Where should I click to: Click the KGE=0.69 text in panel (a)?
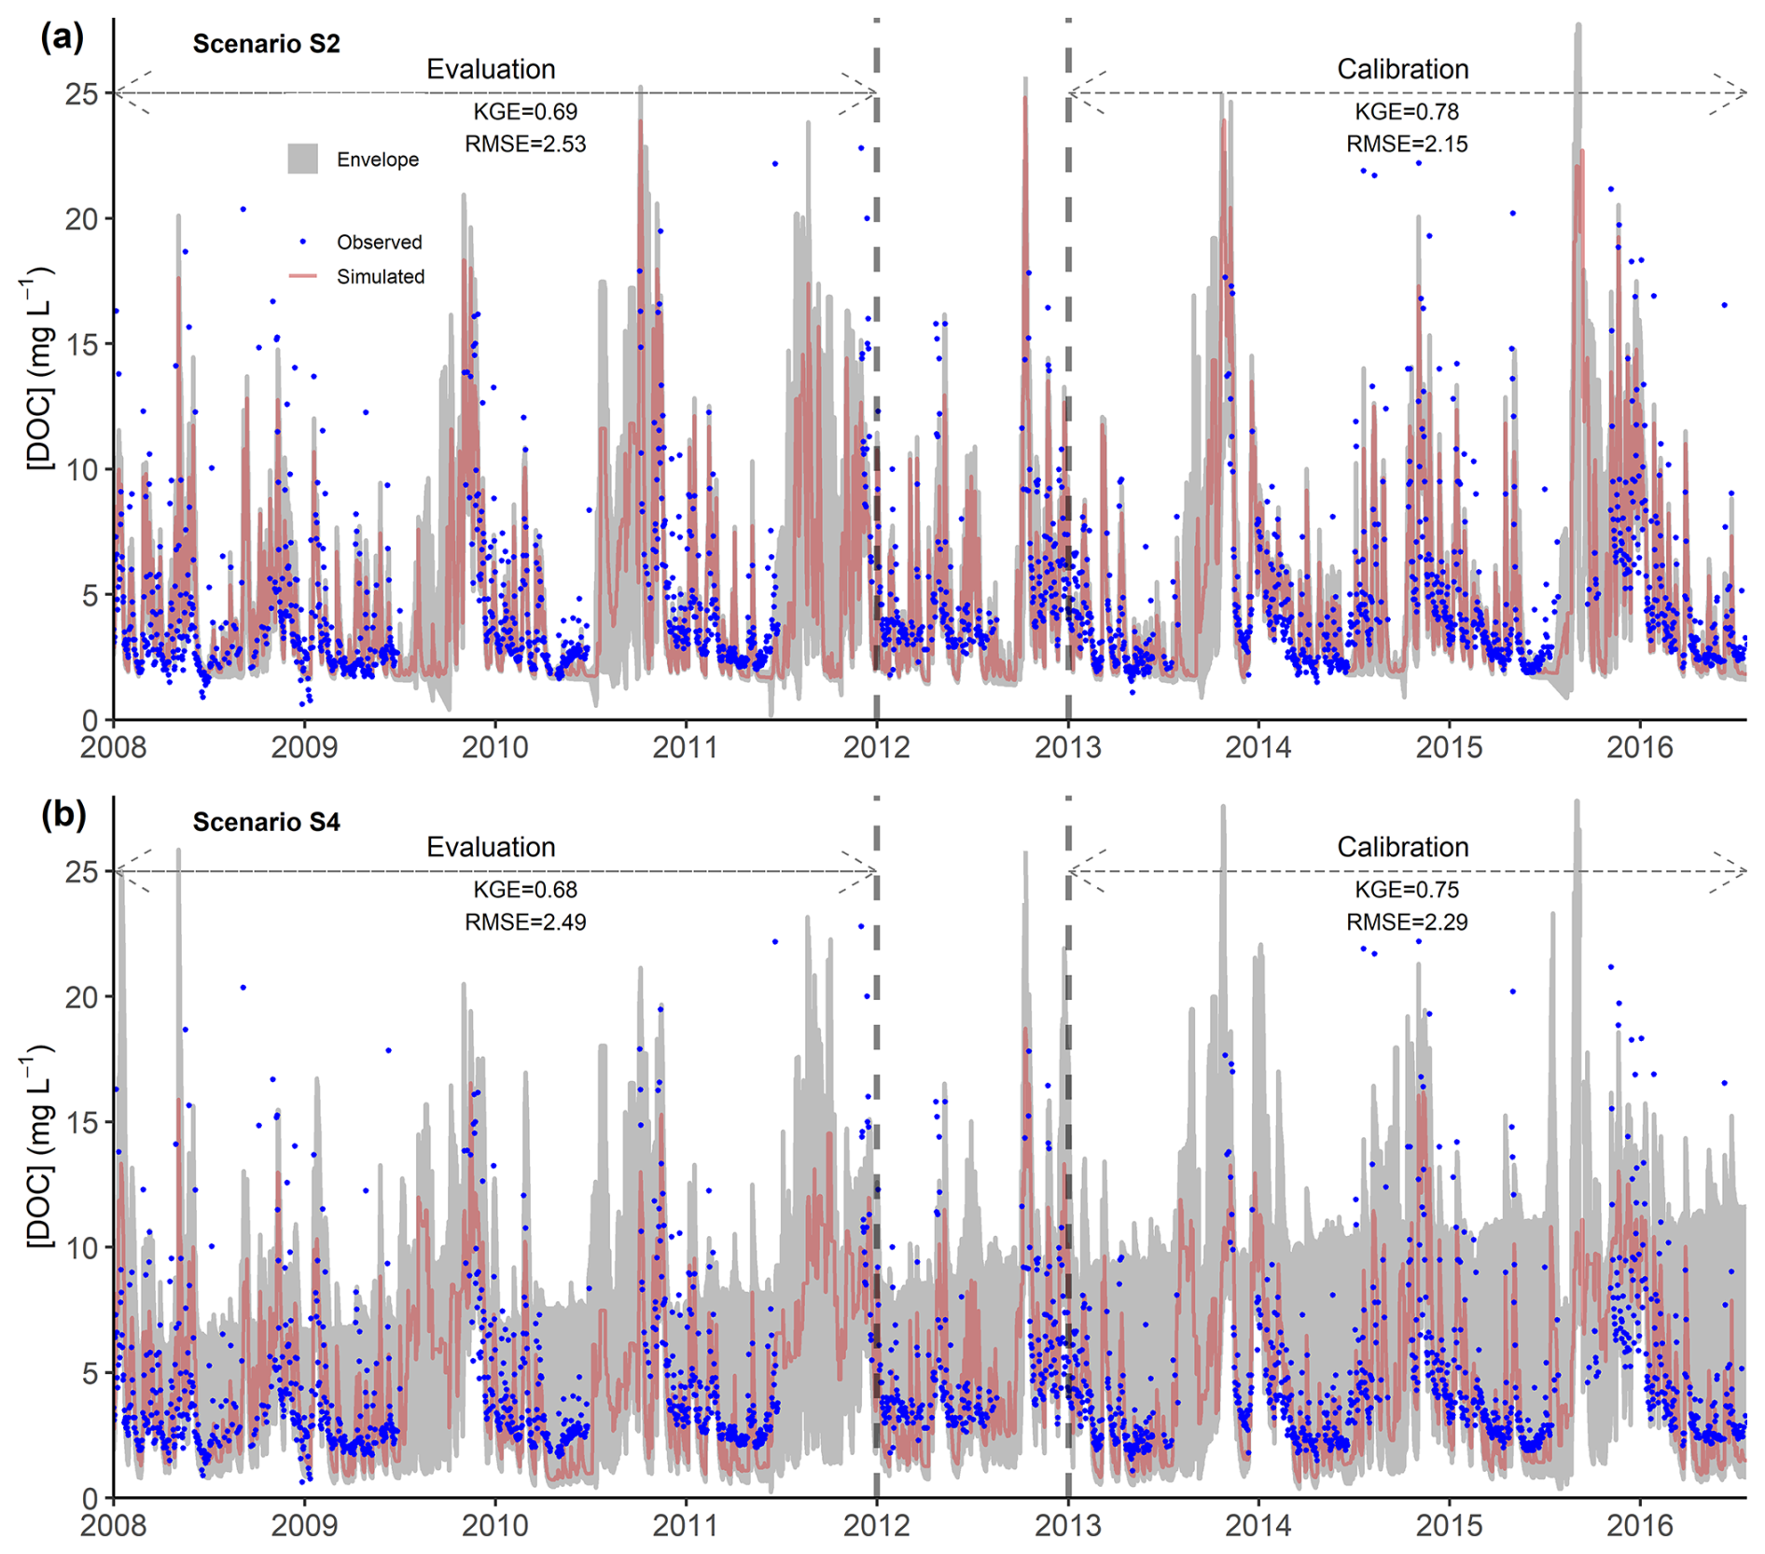[x=525, y=112]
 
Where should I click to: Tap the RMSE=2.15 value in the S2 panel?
[x=1406, y=145]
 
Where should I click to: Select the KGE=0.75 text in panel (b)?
[x=1406, y=890]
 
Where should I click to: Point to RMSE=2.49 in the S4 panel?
[x=525, y=923]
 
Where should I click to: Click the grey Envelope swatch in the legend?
[x=302, y=160]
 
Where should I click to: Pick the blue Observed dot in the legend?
[x=302, y=242]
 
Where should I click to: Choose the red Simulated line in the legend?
[x=302, y=276]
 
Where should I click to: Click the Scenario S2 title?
[x=266, y=44]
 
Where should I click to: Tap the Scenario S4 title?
[x=266, y=822]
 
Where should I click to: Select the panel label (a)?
[x=62, y=38]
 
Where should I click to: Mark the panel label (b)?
[x=63, y=814]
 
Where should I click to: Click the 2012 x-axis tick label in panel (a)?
[x=876, y=747]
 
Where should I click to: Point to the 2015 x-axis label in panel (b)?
[x=1449, y=1525]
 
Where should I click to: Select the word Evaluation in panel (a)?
[x=491, y=70]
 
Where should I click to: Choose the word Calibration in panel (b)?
[x=1402, y=847]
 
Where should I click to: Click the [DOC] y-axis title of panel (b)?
[x=38, y=1147]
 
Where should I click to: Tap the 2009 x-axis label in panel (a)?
[x=304, y=747]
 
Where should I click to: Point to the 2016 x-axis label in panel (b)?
[x=1640, y=1525]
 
